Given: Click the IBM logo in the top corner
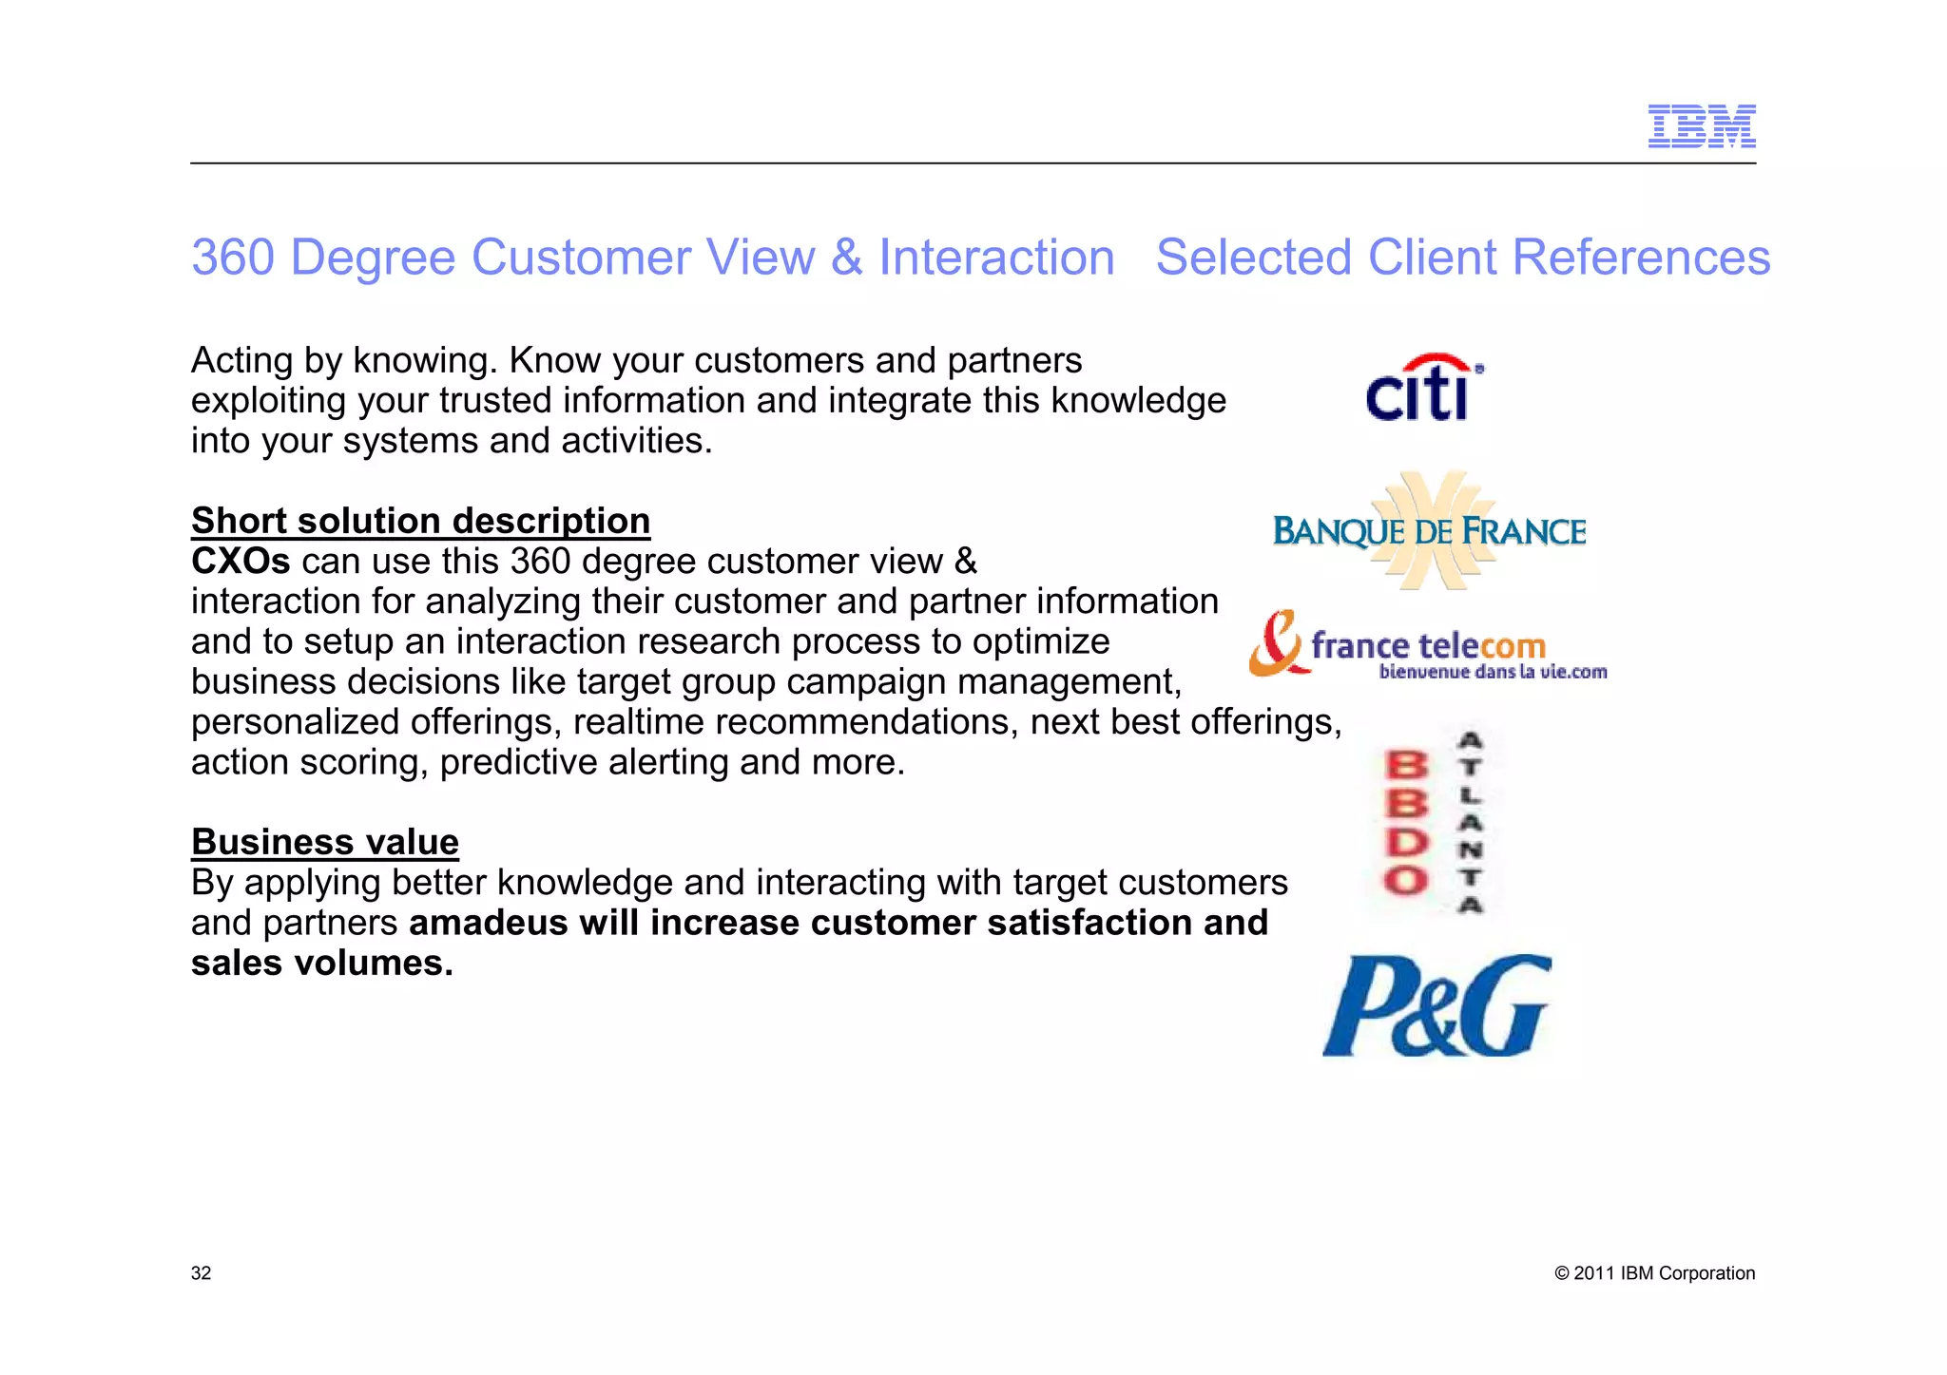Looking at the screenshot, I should (x=1701, y=126).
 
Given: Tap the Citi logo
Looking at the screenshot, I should (x=1423, y=389).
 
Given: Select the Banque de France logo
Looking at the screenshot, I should (x=1429, y=531).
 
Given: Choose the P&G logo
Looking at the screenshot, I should (x=1436, y=1005).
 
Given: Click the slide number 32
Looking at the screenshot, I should (x=201, y=1273).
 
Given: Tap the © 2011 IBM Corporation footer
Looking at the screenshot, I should (x=1654, y=1273).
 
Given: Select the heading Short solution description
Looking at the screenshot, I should (x=420, y=521).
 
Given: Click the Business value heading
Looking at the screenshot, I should (x=325, y=842).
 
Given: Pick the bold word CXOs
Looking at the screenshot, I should (x=241, y=562).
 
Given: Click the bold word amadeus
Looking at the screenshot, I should (x=489, y=923).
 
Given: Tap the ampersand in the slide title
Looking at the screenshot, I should (x=847, y=258).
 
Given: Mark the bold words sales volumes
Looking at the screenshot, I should (x=321, y=964).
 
